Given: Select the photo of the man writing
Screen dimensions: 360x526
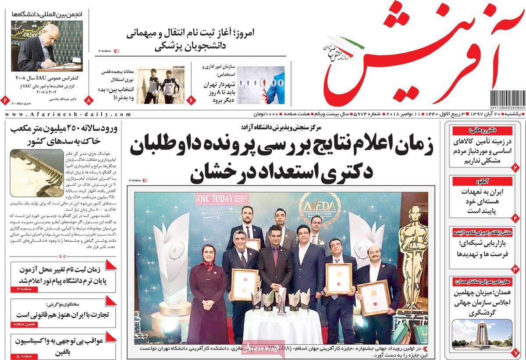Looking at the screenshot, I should [x=46, y=46].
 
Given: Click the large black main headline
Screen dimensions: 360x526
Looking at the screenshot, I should [x=281, y=160].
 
